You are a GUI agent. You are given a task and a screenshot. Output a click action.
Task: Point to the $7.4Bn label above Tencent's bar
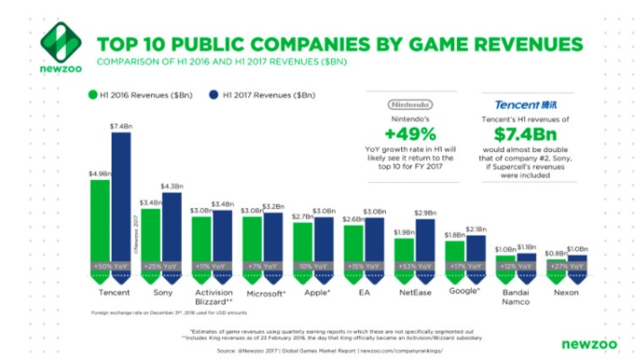[x=121, y=127]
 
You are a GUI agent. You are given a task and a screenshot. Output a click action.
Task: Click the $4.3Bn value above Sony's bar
[x=172, y=186]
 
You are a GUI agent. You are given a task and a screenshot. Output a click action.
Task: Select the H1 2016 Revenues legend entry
[x=131, y=93]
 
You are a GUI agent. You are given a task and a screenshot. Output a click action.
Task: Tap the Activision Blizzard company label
[x=213, y=298]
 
